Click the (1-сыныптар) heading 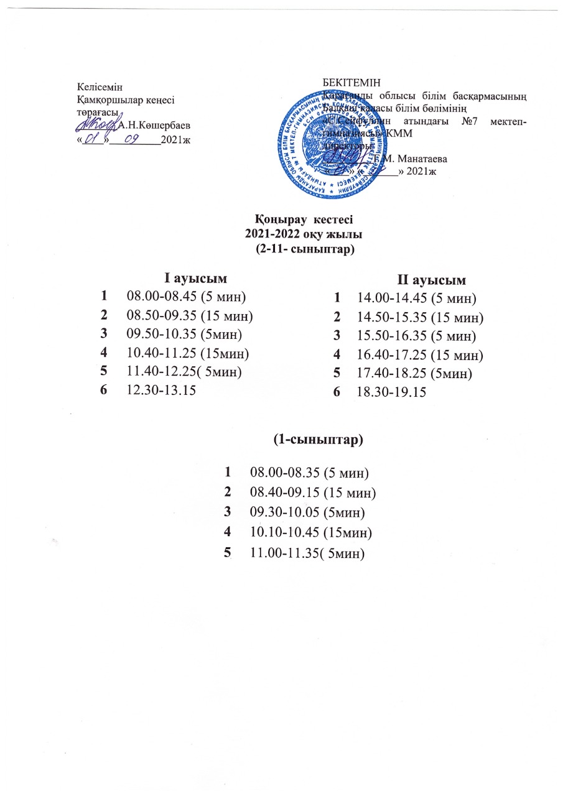coord(318,440)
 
